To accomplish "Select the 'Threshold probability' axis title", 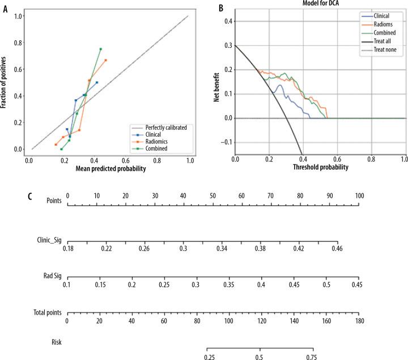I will click(320, 168).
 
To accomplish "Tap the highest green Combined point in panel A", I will click(100, 49).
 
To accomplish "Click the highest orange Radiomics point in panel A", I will click(105, 60).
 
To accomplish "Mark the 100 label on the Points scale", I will click(358, 196).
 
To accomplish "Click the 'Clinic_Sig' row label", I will click(48, 241).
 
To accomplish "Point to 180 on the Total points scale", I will click(358, 321).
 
